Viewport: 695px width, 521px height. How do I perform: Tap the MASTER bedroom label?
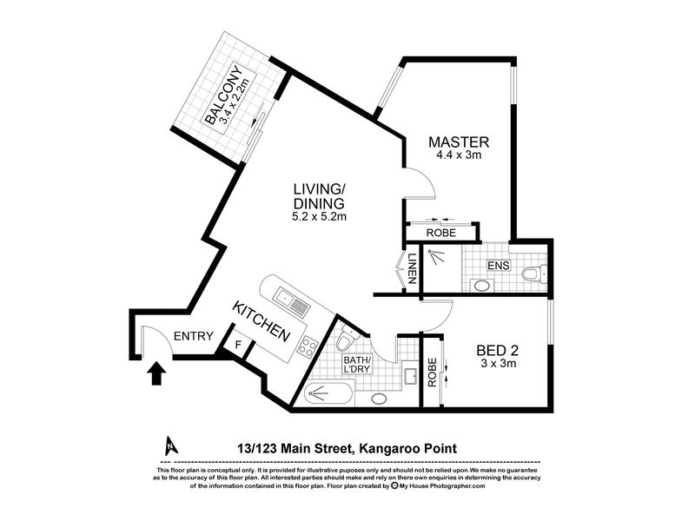coord(459,142)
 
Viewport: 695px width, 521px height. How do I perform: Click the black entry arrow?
coord(156,373)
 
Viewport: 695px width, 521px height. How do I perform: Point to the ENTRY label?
coord(193,336)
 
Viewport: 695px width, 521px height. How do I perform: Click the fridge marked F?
coord(238,344)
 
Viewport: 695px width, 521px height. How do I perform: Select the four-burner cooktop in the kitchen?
coord(307,346)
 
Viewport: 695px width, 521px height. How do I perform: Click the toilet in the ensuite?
coord(534,274)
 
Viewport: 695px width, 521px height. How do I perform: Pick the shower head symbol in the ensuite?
coord(436,256)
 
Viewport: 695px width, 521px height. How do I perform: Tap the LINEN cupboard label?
coord(412,268)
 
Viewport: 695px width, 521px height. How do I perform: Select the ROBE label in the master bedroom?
coord(441,233)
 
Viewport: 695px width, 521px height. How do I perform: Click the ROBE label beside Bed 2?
coord(433,373)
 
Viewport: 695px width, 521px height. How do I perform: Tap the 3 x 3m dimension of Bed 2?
coord(498,364)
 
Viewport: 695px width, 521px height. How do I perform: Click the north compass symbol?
coord(171,446)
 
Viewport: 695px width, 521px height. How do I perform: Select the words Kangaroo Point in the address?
coord(407,449)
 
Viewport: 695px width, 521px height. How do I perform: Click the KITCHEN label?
coord(261,321)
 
